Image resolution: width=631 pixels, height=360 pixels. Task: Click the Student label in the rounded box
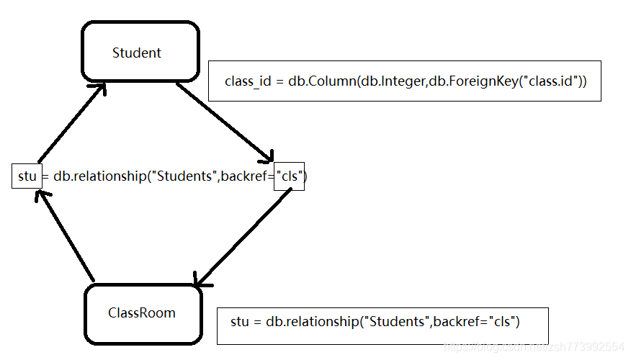137,53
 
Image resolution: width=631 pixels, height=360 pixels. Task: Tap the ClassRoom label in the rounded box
142,312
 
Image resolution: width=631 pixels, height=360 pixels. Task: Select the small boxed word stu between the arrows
27,176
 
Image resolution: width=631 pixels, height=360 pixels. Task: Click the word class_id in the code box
249,81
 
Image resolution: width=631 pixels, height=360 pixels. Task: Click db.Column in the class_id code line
322,81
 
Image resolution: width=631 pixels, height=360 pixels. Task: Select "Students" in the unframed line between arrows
184,176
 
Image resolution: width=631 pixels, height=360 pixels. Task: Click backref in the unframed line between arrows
243,176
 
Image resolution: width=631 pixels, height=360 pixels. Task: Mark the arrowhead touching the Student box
98,89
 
